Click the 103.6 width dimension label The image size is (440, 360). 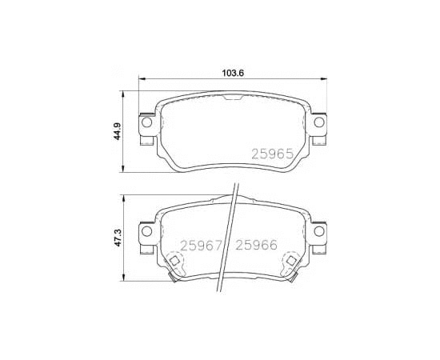pos(233,74)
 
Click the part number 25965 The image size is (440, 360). pos(272,154)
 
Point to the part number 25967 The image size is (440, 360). pos(202,246)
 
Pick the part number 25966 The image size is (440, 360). pos(256,246)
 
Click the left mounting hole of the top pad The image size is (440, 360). pos(146,122)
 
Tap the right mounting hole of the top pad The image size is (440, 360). pos(319,122)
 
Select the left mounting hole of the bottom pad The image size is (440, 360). pos(146,231)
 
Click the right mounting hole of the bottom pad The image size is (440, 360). pos(319,231)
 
